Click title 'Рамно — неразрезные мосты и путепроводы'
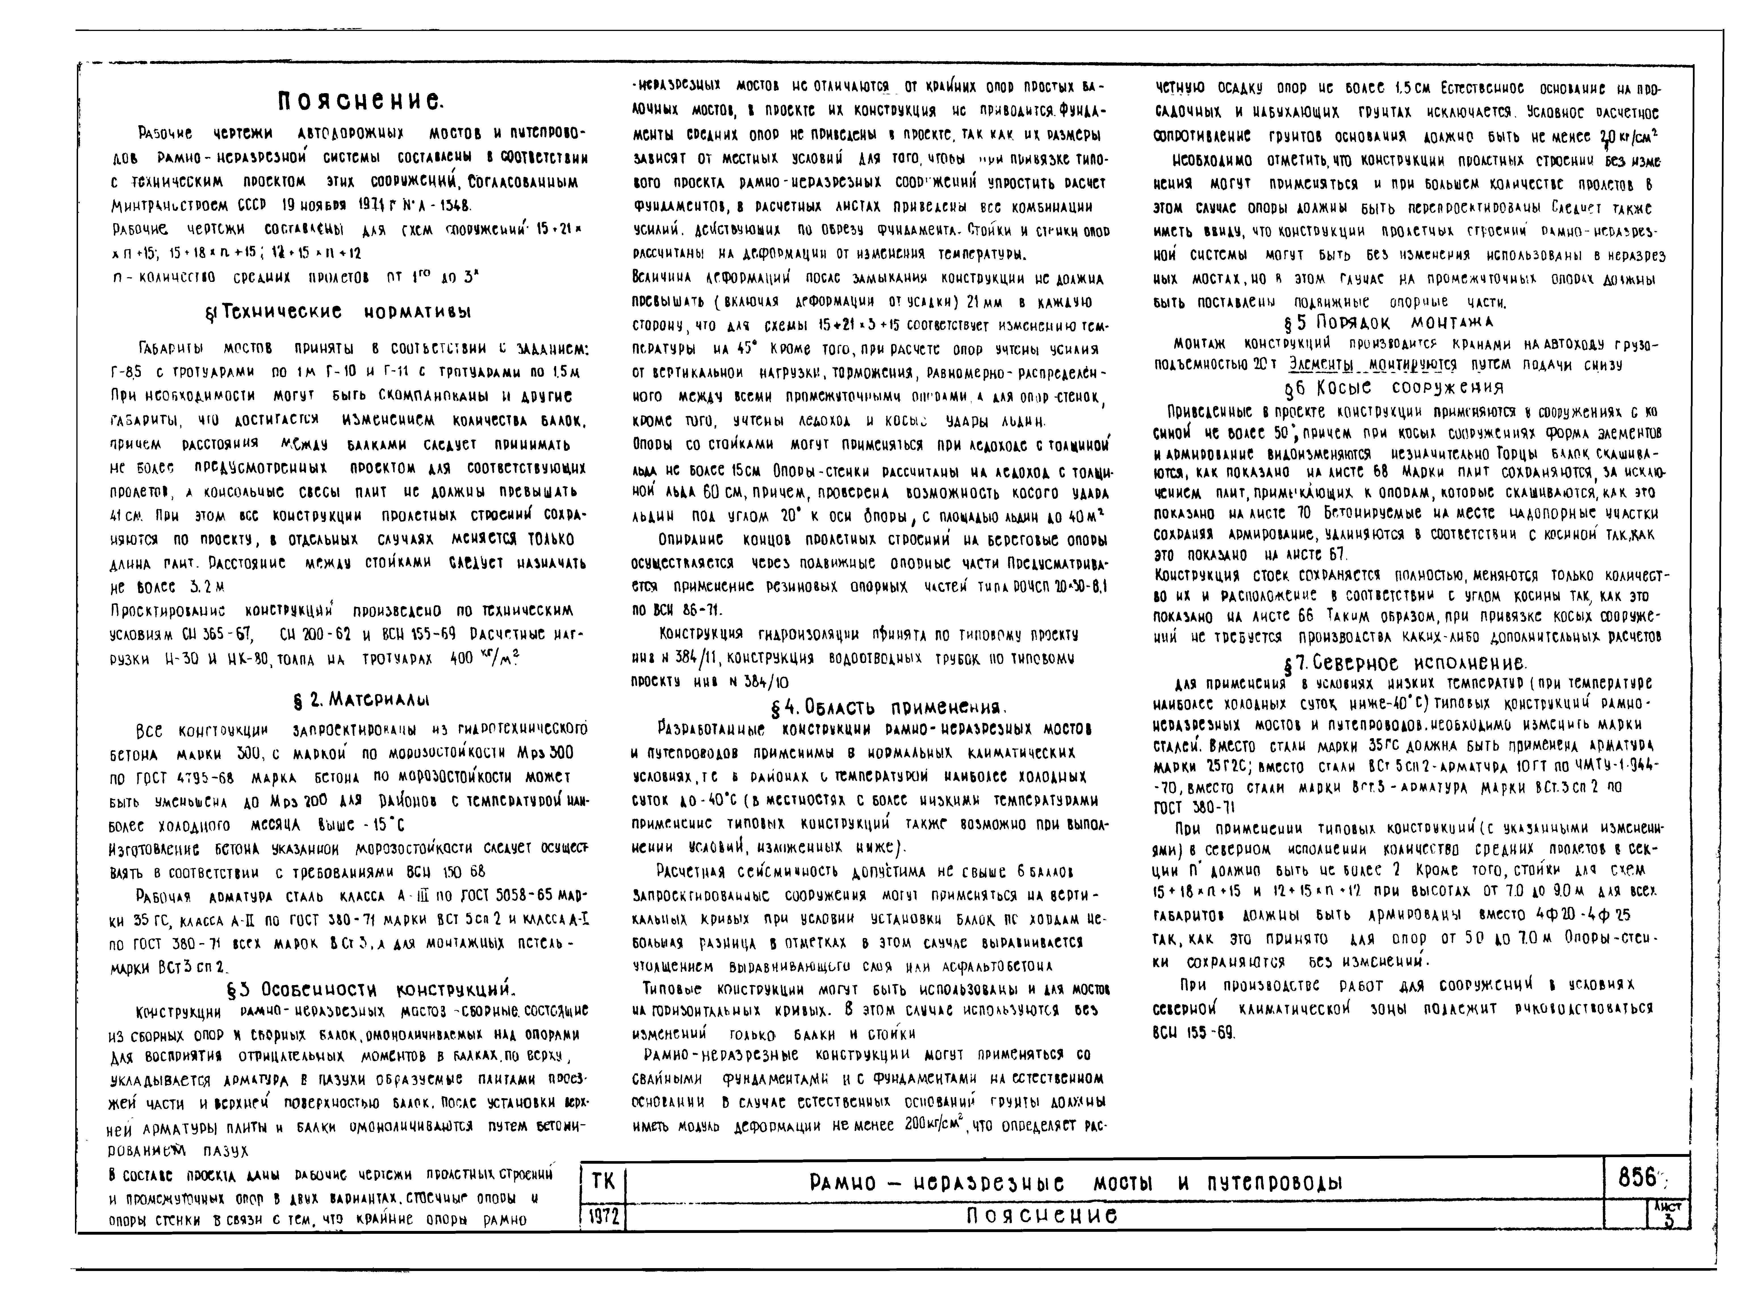1075,1182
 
